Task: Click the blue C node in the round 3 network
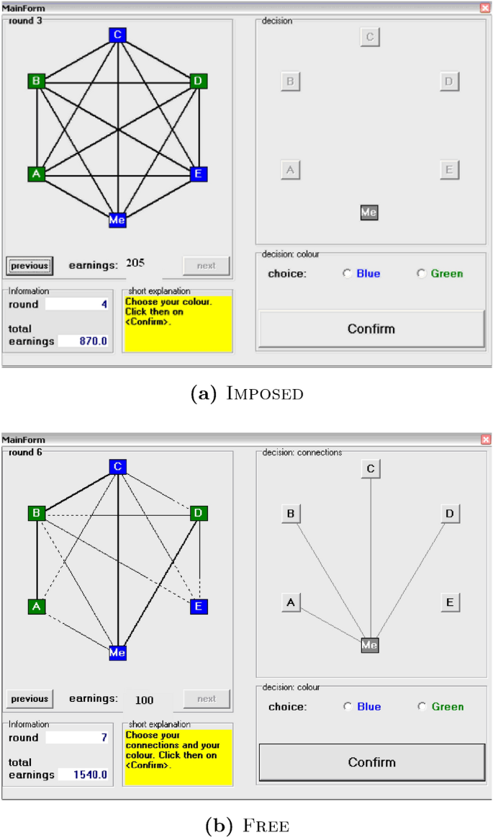(117, 35)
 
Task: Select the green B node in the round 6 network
(37, 514)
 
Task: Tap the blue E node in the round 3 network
(199, 174)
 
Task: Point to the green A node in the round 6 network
(37, 607)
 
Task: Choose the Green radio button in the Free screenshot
(422, 707)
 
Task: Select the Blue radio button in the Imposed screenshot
(348, 274)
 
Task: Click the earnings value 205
(135, 264)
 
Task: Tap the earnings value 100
(144, 699)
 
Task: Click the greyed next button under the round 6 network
(207, 699)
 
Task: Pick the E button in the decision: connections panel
(449, 602)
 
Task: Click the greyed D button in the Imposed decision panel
(448, 81)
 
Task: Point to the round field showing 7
(77, 738)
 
